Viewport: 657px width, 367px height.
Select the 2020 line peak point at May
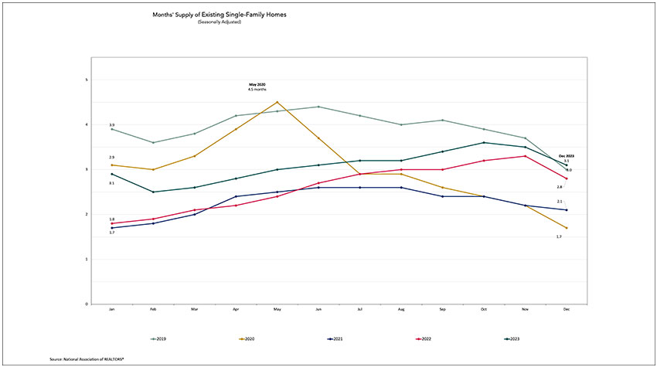click(277, 102)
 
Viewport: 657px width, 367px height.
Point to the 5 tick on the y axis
click(87, 80)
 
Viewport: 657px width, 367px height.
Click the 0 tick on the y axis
click(87, 304)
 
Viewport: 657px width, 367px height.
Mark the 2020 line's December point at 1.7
click(567, 228)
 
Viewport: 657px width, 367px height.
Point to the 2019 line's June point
click(318, 107)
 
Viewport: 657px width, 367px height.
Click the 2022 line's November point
click(526, 156)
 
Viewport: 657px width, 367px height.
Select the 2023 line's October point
click(484, 142)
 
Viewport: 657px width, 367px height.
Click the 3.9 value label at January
click(112, 124)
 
